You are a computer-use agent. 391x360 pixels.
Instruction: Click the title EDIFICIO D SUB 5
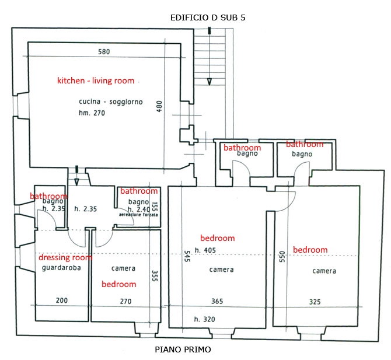(208, 18)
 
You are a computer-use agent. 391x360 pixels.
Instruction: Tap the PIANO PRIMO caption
(183, 349)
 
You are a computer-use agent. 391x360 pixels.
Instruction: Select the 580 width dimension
(104, 52)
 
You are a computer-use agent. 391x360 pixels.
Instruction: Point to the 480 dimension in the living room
(159, 106)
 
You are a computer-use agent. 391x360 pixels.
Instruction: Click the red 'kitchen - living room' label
(96, 81)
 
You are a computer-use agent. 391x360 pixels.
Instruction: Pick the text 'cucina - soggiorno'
(111, 102)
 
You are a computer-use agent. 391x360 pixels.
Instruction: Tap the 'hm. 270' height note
(92, 113)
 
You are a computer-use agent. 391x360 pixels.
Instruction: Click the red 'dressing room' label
(65, 257)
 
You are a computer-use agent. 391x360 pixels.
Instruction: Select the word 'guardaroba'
(61, 268)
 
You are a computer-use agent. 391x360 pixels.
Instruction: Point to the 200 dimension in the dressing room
(62, 300)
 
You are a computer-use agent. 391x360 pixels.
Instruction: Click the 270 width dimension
(125, 302)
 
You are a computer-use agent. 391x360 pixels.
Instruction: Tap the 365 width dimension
(217, 301)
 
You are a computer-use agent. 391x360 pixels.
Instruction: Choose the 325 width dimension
(315, 302)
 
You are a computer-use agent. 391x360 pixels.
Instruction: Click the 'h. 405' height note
(205, 250)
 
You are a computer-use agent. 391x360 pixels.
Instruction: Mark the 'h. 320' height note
(204, 319)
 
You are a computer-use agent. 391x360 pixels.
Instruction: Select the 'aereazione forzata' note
(138, 215)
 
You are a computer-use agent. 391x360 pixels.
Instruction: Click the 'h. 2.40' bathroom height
(139, 209)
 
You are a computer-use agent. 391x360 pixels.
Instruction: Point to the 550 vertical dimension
(282, 257)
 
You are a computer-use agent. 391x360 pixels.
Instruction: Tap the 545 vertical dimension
(187, 256)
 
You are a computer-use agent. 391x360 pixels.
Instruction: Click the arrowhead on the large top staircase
(210, 82)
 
